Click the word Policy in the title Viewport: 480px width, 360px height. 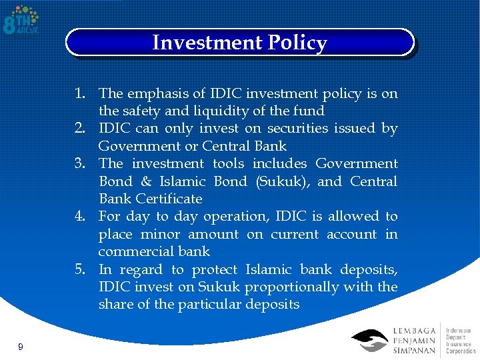pyautogui.click(x=297, y=43)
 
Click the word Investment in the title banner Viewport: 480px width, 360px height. pyautogui.click(x=207, y=43)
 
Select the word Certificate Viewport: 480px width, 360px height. pyautogui.click(x=169, y=199)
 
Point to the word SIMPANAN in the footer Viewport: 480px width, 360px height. pyautogui.click(x=415, y=351)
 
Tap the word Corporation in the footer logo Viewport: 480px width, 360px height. pyautogui.click(x=461, y=350)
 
